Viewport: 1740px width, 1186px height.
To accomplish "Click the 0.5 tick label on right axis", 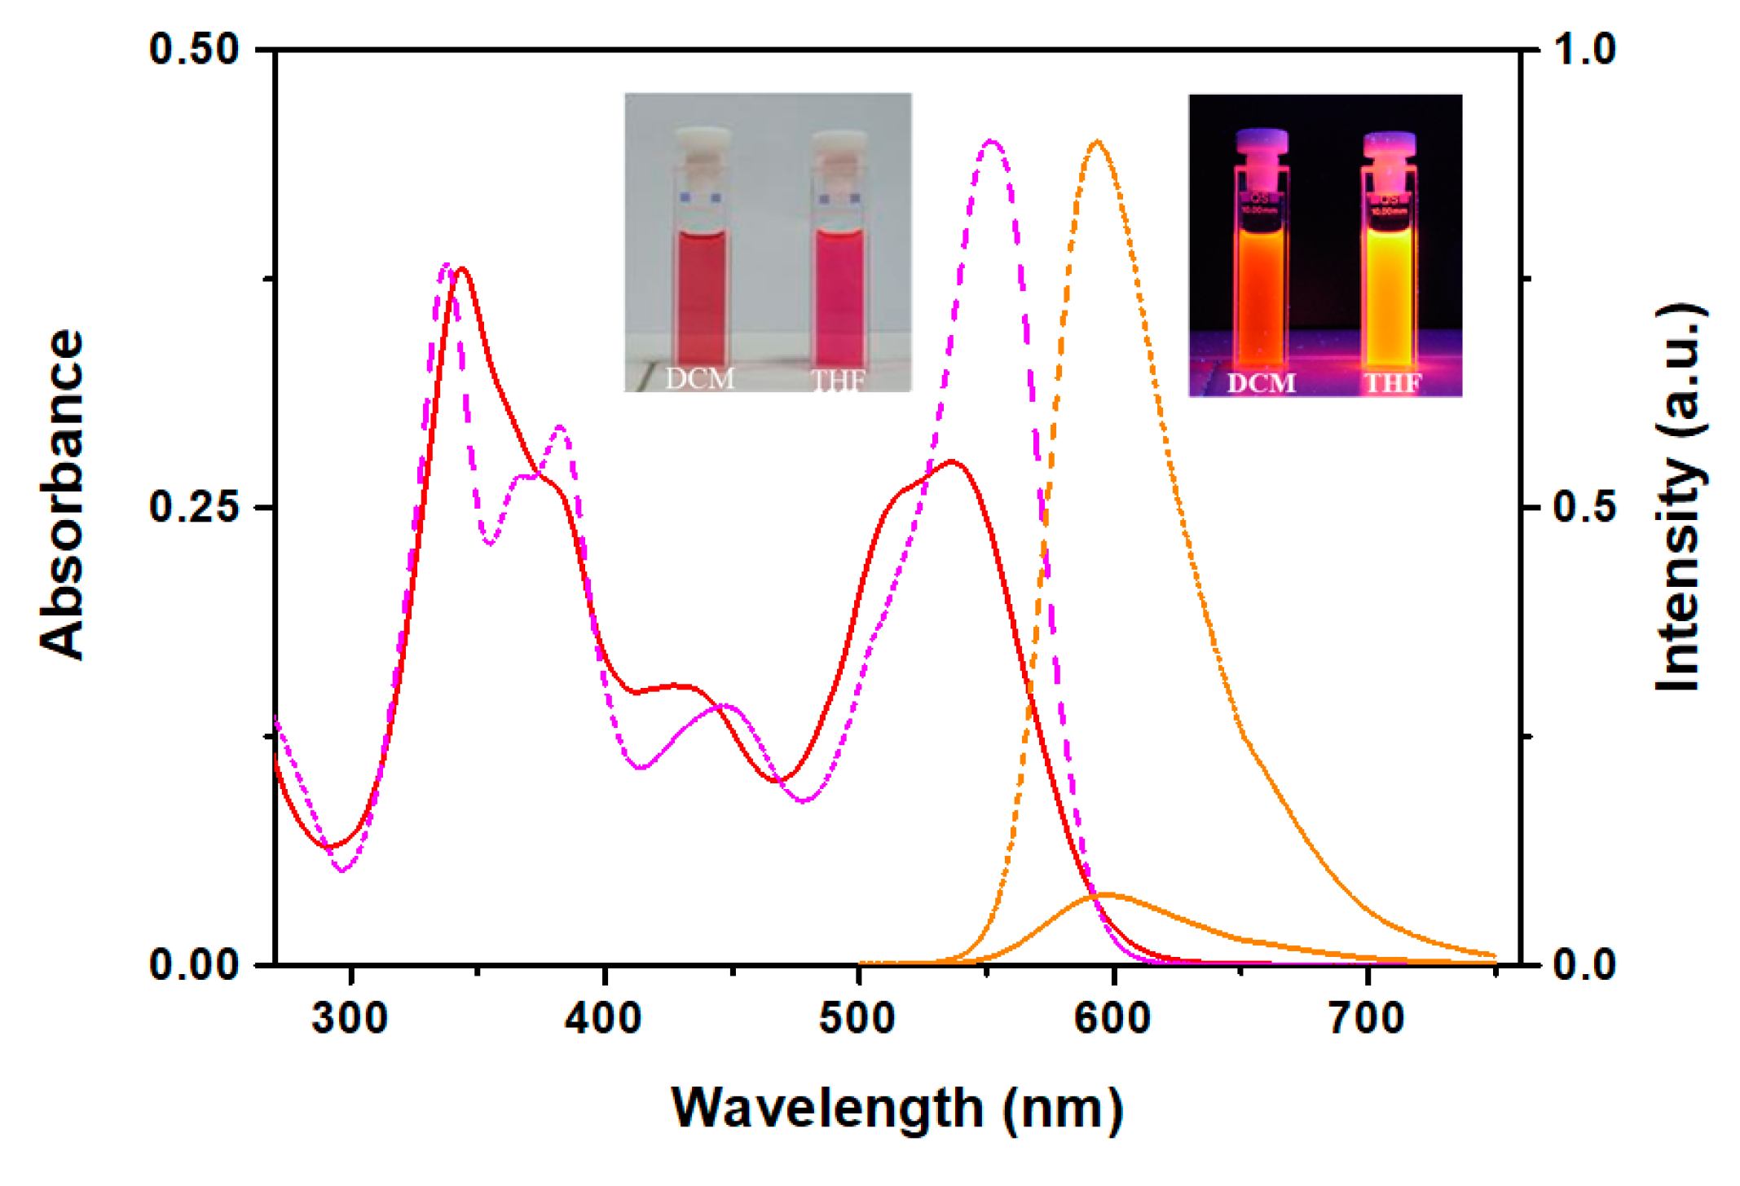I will [x=1584, y=506].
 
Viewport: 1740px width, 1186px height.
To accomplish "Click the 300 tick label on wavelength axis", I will [x=350, y=1019].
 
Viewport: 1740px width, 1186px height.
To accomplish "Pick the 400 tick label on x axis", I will [x=604, y=1019].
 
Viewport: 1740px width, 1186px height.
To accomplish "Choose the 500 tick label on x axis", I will [x=858, y=1019].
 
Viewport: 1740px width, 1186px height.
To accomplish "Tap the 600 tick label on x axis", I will [x=1112, y=1019].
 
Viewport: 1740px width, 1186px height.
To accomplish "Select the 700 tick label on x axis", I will [x=1367, y=1019].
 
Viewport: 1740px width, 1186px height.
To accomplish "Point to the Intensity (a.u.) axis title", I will [x=1681, y=497].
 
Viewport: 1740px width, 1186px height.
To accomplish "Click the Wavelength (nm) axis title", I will [x=896, y=1109].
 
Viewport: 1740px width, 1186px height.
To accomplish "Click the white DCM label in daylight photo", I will [x=699, y=378].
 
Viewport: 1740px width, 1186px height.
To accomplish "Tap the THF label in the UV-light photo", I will [x=1393, y=382].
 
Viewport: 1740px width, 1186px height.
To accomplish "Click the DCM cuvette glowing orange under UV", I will [x=1261, y=293].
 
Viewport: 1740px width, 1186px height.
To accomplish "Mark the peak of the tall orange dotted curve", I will [x=1098, y=142].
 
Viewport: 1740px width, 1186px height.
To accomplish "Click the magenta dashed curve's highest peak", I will [x=991, y=142].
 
